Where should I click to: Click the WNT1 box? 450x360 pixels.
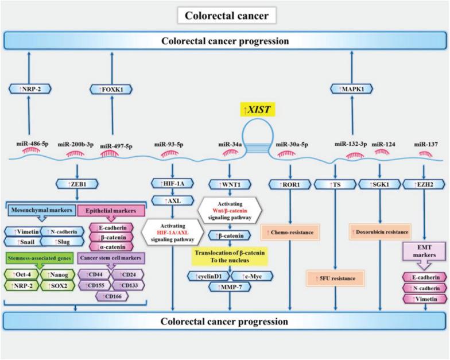click(230, 184)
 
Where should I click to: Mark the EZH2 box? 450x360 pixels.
click(424, 184)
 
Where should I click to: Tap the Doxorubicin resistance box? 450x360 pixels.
click(381, 232)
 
